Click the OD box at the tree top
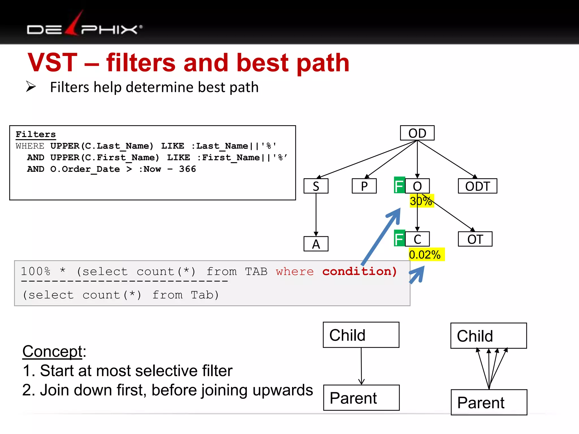(x=417, y=133)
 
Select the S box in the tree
(x=316, y=186)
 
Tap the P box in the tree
(x=364, y=186)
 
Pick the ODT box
(x=477, y=186)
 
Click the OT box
(x=475, y=239)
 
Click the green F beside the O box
(x=399, y=186)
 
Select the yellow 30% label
(x=421, y=201)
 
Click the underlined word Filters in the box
(x=36, y=134)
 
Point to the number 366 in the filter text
(x=187, y=169)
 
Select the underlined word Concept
(x=52, y=351)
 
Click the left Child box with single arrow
(x=361, y=335)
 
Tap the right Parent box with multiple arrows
(x=489, y=402)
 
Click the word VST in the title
(x=53, y=63)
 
